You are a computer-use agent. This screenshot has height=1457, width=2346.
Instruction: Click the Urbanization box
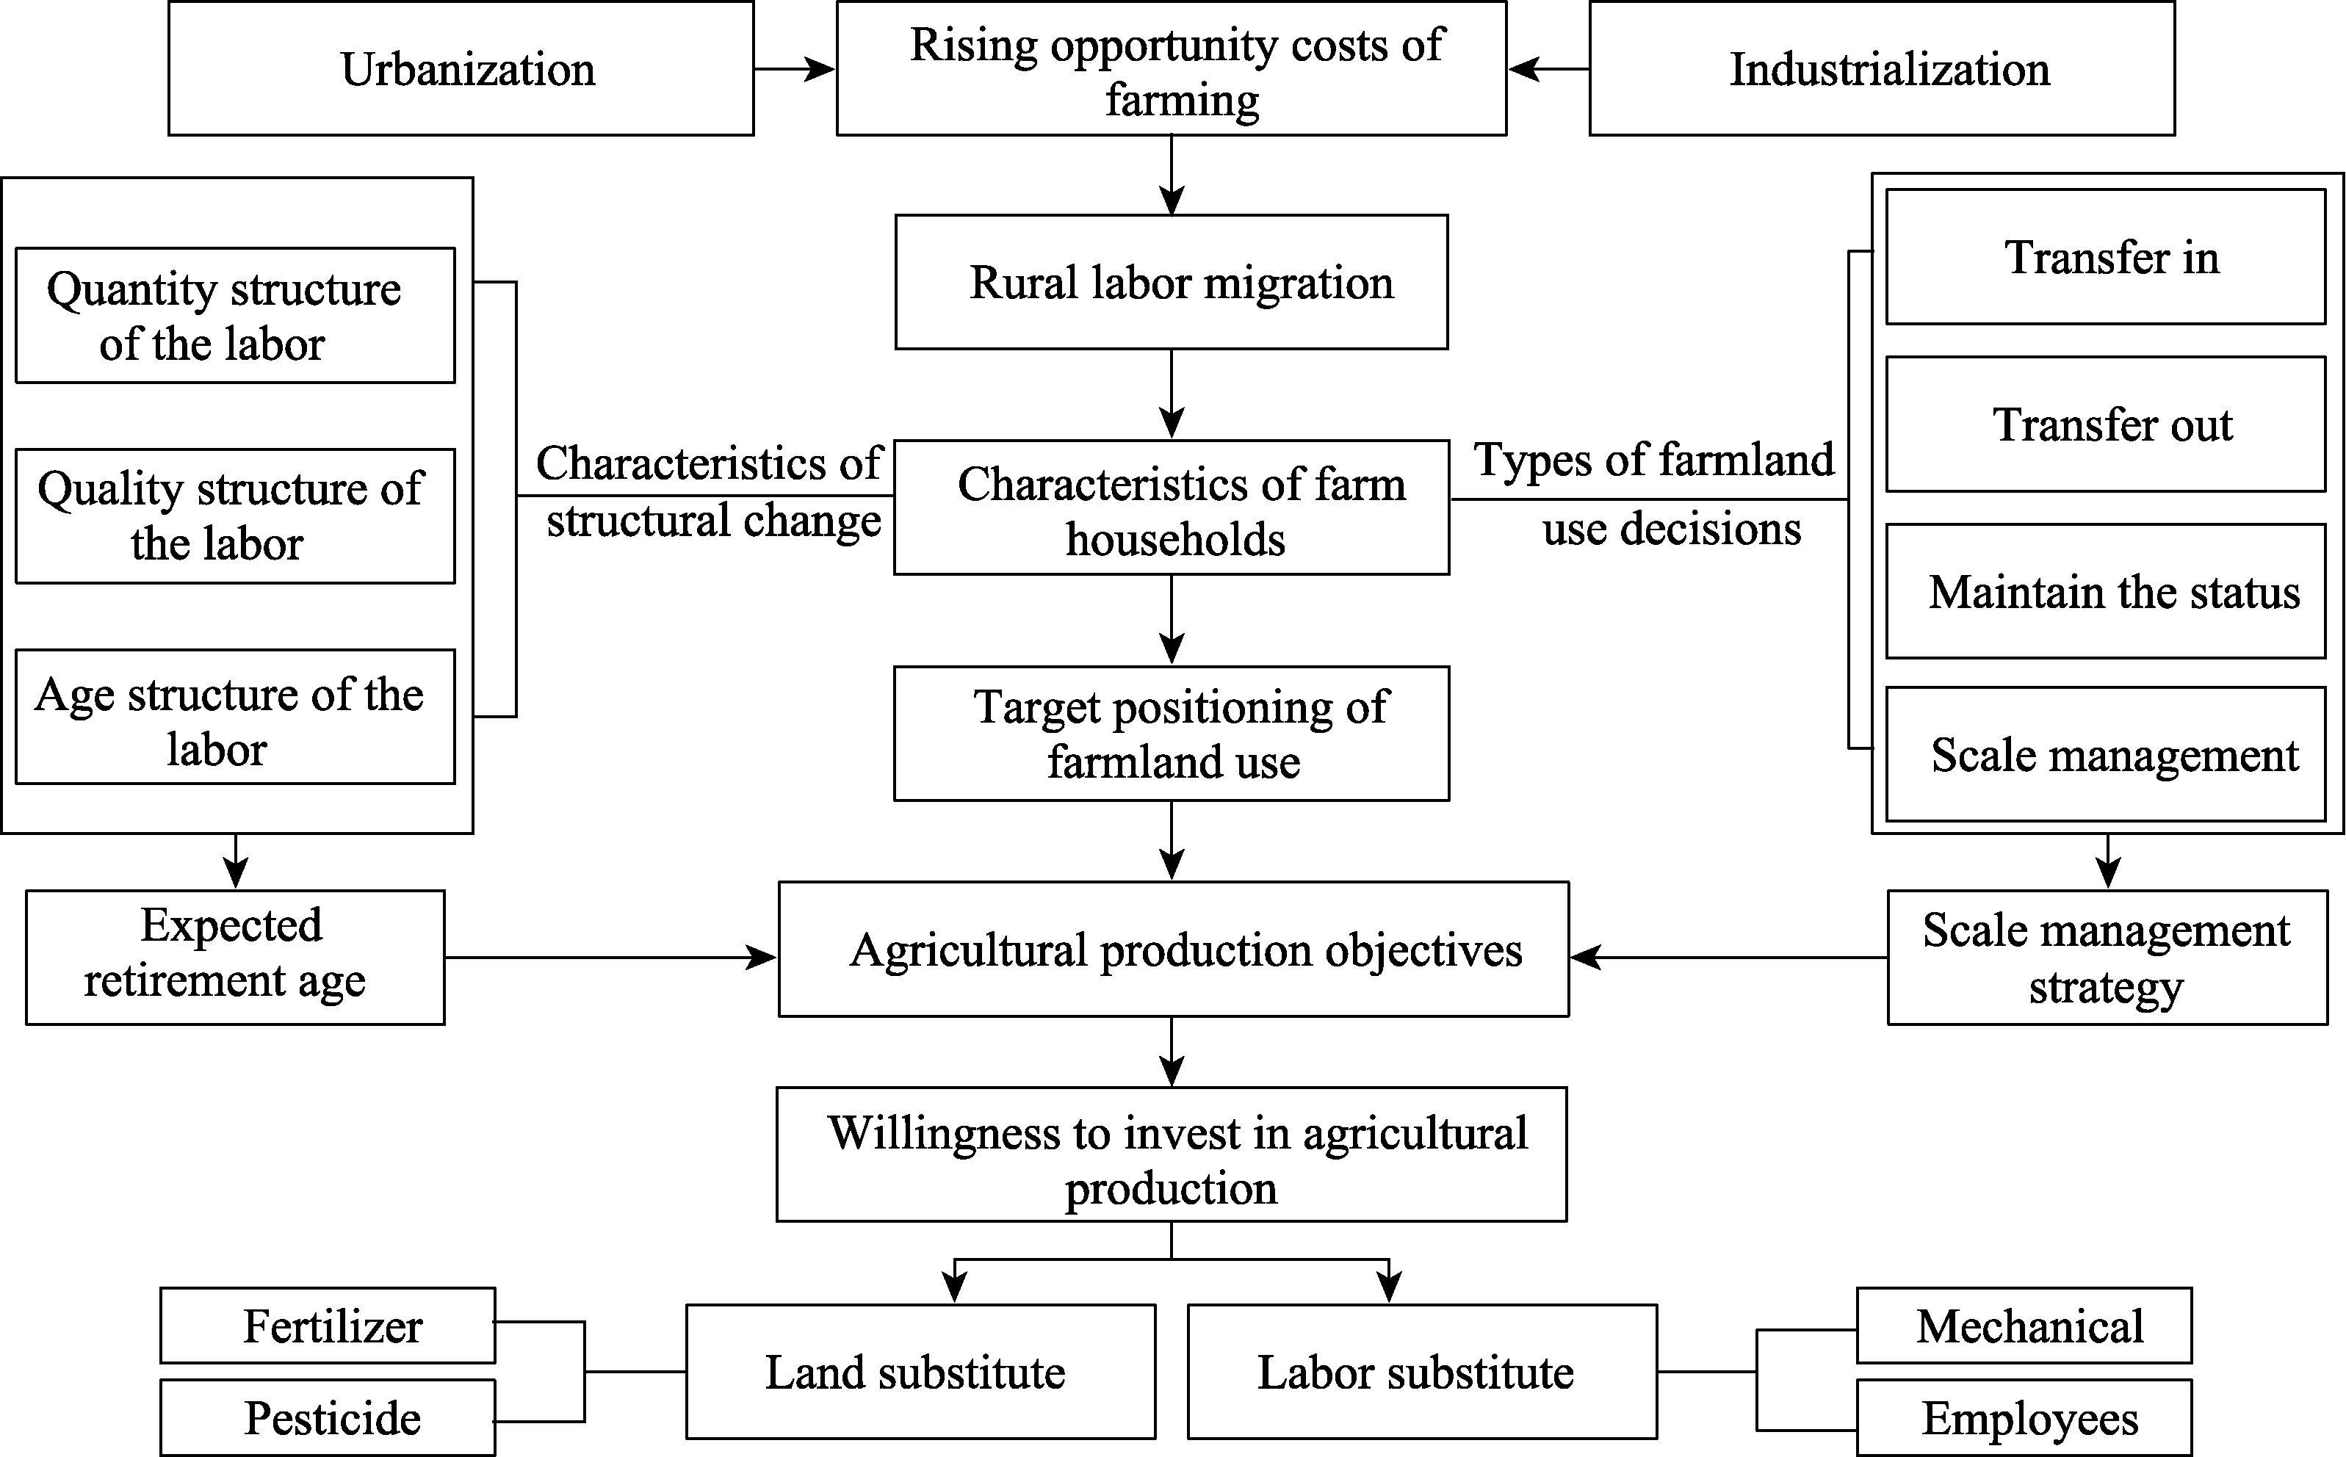pos(461,68)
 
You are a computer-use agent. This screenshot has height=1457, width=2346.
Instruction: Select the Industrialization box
pos(1881,68)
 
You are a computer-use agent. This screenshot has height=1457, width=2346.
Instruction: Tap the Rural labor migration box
pos(1171,281)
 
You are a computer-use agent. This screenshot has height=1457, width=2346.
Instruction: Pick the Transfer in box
pos(2105,256)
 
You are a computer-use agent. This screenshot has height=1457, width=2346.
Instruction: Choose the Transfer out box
pos(2105,424)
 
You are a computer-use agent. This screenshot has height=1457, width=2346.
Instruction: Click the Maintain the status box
pos(2105,590)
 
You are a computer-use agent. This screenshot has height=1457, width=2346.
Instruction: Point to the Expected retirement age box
pos(235,957)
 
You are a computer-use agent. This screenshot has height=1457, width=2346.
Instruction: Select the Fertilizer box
pos(328,1325)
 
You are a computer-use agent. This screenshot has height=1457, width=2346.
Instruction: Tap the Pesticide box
pos(328,1417)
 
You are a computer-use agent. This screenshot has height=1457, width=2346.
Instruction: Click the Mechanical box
pos(2024,1325)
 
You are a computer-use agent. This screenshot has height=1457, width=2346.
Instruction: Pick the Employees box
pos(2024,1417)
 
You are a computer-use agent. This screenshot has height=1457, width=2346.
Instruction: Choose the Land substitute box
pos(920,1371)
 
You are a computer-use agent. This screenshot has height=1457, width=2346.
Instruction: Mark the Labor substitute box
pos(1422,1371)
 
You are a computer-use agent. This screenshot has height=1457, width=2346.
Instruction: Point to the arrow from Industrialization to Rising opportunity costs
pos(1548,68)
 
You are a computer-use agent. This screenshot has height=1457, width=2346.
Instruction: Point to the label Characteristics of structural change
pos(710,491)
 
